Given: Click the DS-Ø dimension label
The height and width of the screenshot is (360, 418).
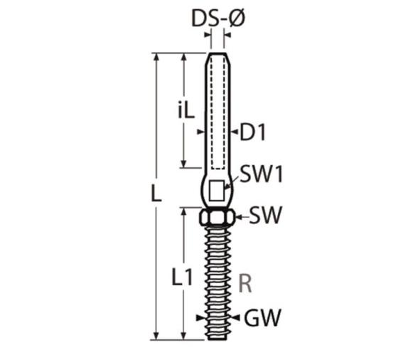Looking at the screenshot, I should [218, 18].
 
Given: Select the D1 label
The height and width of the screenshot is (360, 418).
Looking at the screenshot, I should [252, 133].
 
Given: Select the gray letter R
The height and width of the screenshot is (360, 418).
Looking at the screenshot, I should [245, 283].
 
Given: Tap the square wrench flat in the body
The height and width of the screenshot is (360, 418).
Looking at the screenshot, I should [216, 191].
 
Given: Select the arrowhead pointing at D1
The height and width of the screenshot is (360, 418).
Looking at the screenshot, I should [234, 132].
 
